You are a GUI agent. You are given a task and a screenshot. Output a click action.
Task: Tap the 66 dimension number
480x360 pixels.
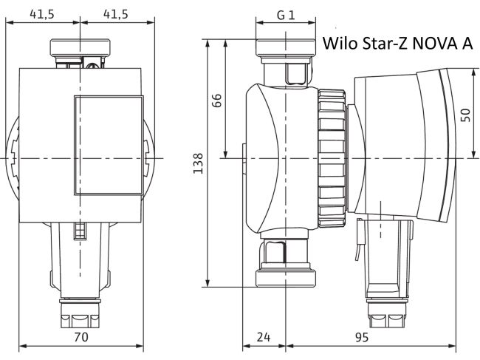(217, 100)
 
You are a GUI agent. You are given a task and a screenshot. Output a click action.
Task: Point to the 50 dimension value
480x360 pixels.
(465, 114)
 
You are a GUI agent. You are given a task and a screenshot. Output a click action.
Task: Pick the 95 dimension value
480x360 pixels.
(361, 337)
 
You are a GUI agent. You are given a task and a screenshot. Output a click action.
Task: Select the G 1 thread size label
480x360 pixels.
(286, 16)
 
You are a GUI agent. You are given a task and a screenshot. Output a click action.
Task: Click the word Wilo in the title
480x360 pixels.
(340, 44)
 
